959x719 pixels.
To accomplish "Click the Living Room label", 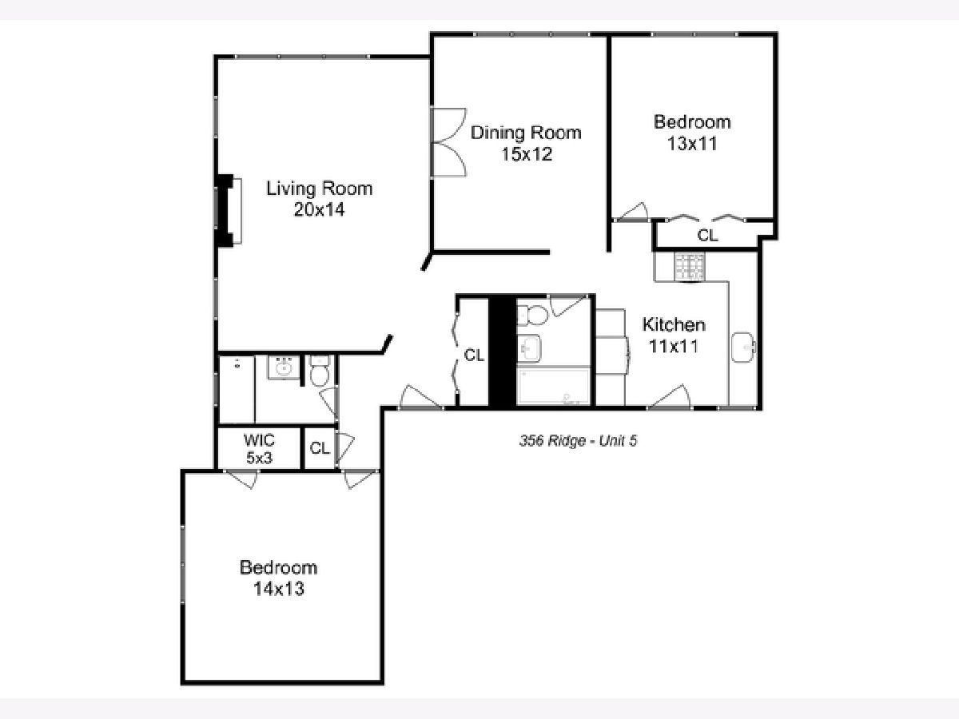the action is pyautogui.click(x=320, y=189).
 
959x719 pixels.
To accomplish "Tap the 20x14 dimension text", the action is pyautogui.click(x=320, y=210).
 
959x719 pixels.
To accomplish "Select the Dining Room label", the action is pyautogui.click(x=526, y=133).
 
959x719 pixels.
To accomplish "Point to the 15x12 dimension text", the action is pyautogui.click(x=527, y=153).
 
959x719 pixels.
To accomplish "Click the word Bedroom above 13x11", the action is pyautogui.click(x=692, y=121).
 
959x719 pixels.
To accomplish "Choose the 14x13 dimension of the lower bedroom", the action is pyautogui.click(x=279, y=589).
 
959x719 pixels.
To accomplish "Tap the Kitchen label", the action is pyautogui.click(x=674, y=325).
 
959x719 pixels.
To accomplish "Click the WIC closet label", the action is pyautogui.click(x=259, y=439).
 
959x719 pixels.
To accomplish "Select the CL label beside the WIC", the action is pyautogui.click(x=320, y=448).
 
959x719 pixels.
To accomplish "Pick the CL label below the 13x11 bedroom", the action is pyautogui.click(x=707, y=236).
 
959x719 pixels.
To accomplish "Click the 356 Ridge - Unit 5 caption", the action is pyautogui.click(x=578, y=440).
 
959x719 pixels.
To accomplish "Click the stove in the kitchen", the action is pyautogui.click(x=689, y=266).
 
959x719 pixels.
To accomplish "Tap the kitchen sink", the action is pyautogui.click(x=743, y=347).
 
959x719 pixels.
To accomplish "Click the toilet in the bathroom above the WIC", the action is pyautogui.click(x=320, y=371).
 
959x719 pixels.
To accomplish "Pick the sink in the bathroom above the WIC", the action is pyautogui.click(x=284, y=367).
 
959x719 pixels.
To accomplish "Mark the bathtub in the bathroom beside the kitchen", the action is pyautogui.click(x=554, y=386).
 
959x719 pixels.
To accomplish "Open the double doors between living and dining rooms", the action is pyautogui.click(x=448, y=142).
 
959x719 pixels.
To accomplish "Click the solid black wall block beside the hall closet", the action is pyautogui.click(x=503, y=352).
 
